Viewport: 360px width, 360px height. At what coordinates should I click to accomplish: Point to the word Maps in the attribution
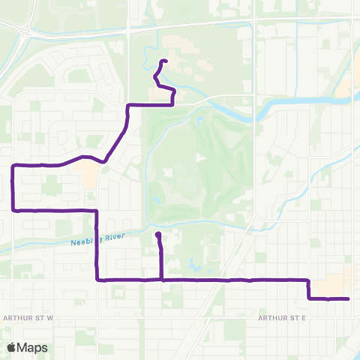pos(34,347)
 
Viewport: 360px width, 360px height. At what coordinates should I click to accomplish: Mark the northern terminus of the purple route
pos(164,61)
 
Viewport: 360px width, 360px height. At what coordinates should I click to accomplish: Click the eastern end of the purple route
pos(349,298)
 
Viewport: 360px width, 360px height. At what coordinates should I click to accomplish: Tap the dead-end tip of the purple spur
pos(157,235)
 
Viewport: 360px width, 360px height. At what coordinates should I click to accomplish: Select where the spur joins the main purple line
pos(162,280)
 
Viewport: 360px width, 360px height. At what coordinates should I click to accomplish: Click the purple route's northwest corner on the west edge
pos(13,165)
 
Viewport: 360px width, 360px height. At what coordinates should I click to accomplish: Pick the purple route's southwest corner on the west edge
pos(13,211)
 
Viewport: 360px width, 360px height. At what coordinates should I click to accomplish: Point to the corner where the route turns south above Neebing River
pos(97,211)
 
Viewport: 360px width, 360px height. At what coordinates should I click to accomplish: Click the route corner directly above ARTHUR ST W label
pos(97,280)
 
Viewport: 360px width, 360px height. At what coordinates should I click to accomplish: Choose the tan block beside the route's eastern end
pos(330,285)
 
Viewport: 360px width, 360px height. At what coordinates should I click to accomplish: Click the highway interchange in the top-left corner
pos(28,30)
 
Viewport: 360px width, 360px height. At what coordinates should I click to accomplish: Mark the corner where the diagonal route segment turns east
pos(128,105)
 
